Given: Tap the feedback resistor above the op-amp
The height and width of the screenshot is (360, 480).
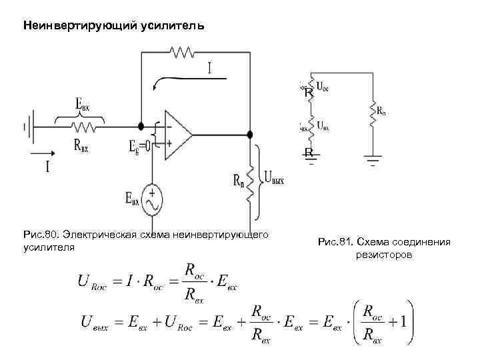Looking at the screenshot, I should point(181,51).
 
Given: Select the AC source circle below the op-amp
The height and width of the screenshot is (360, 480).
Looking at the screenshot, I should point(153,199).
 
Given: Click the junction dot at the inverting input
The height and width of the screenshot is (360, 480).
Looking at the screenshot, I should point(141,125).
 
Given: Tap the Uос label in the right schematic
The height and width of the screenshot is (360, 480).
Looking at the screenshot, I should point(322,86).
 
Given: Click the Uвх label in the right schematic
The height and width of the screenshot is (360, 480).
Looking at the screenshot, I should point(322,125).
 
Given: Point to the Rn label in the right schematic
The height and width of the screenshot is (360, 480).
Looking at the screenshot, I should point(381,112).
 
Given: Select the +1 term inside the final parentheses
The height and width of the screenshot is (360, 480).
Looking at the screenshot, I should point(398,322).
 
